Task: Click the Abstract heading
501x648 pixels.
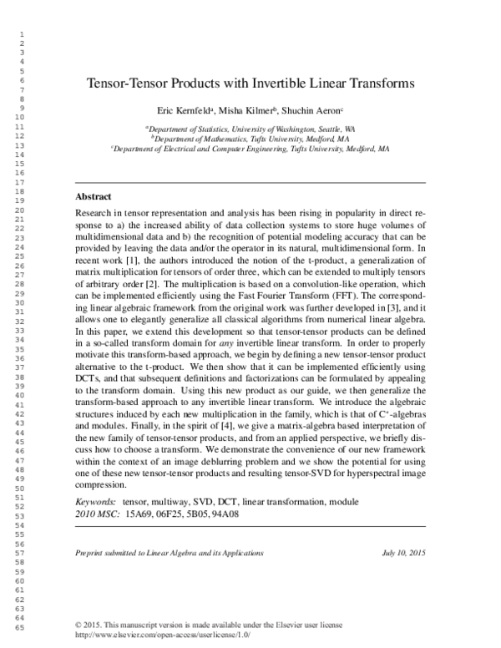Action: pos(94,197)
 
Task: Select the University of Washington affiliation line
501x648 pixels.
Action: pos(250,130)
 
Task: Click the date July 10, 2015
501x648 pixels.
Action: pos(403,553)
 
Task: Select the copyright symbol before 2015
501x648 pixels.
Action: pos(78,625)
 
